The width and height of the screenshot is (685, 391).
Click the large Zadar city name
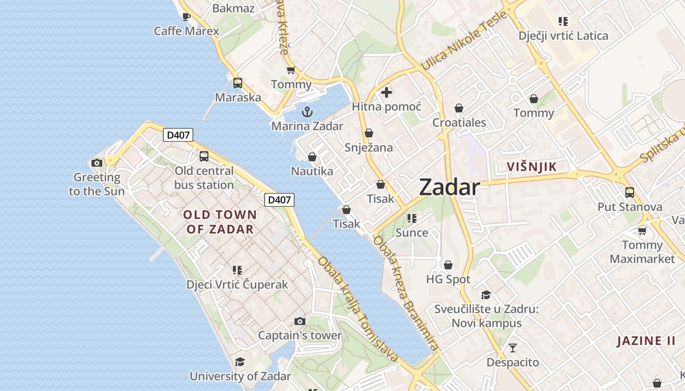pos(449,187)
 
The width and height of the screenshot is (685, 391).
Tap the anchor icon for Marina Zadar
pos(307,112)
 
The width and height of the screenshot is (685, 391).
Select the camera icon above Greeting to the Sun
pos(97,163)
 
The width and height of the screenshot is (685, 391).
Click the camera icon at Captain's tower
pos(300,321)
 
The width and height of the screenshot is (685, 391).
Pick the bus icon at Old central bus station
pos(204,156)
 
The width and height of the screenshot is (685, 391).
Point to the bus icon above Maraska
pos(238,83)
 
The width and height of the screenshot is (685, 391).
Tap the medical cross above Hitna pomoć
pos(387,92)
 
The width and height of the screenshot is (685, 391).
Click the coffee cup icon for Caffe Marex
pos(186,17)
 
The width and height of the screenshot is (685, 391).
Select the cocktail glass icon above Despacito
pos(512,348)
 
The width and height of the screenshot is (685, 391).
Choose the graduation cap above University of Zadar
pos(240,362)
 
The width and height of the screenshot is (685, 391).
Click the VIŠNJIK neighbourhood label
pos(532,167)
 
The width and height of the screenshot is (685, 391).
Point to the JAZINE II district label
pos(646,341)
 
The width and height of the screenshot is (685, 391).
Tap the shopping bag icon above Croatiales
pos(459,108)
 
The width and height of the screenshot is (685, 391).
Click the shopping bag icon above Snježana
pos(369,133)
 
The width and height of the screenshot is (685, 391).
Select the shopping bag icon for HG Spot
pos(448,265)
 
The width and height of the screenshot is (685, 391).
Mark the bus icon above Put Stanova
pos(630,192)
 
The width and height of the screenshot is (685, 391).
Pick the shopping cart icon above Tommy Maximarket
pos(642,231)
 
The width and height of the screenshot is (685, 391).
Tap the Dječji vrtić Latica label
pos(563,36)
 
